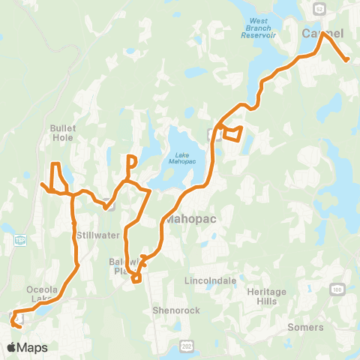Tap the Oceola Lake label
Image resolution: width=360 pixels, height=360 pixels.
pos(41,293)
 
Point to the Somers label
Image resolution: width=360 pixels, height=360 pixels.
pos(305,327)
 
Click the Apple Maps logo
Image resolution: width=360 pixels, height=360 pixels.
pos(27,347)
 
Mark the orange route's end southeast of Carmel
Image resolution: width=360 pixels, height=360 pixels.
pos(346,60)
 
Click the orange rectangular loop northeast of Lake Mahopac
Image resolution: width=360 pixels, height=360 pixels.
pos(232,133)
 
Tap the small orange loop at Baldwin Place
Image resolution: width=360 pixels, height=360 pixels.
pos(136,279)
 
